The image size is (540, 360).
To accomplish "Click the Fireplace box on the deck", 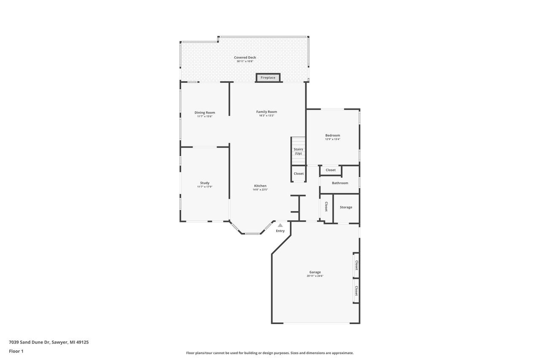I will coord(268,78).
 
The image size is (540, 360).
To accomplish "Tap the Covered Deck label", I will coord(245,57).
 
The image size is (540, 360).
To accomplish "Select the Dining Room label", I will coord(205,112).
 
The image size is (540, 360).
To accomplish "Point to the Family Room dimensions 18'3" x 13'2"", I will coord(267,116).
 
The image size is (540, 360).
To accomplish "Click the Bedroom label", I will coord(332,135).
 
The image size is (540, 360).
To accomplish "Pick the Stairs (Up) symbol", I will coord(298,151).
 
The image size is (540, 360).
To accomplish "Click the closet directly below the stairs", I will coord(299,173).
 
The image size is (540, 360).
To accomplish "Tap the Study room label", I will coord(205,183).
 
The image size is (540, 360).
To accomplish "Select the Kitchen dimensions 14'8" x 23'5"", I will coord(260,190).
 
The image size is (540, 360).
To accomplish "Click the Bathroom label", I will coord(340,183).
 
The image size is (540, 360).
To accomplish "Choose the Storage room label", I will coord(346,207).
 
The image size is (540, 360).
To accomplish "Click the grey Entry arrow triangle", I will coord(280,225).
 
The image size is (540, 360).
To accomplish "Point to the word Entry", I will coord(280,231).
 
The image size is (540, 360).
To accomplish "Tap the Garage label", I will coord(315,272).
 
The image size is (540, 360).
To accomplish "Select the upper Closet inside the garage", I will coord(356,265).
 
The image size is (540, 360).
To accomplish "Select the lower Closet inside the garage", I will coord(356,291).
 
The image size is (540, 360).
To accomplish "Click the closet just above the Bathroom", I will coord(331,170).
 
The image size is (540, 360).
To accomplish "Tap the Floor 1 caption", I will coord(16,351).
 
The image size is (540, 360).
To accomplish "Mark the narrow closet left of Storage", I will coord(326,206).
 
